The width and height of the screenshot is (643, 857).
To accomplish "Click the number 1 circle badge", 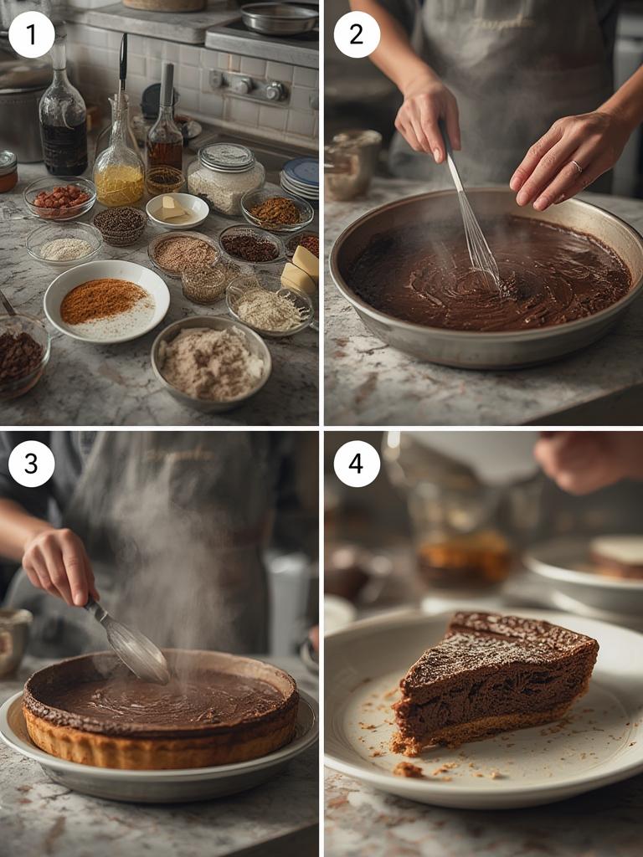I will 32,35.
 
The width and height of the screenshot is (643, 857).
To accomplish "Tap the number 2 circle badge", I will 357,35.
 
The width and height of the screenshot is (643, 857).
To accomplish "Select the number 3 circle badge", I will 32,464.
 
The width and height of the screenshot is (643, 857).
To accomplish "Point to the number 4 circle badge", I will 357,464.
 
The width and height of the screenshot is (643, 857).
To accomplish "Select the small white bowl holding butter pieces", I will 177,210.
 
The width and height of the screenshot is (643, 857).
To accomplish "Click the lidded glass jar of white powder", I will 225,177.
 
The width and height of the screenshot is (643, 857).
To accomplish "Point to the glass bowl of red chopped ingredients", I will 59,198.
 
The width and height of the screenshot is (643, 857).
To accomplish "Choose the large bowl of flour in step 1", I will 211,362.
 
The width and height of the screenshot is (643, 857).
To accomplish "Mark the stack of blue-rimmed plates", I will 301,177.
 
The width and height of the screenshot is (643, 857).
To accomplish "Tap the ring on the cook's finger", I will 577,166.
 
